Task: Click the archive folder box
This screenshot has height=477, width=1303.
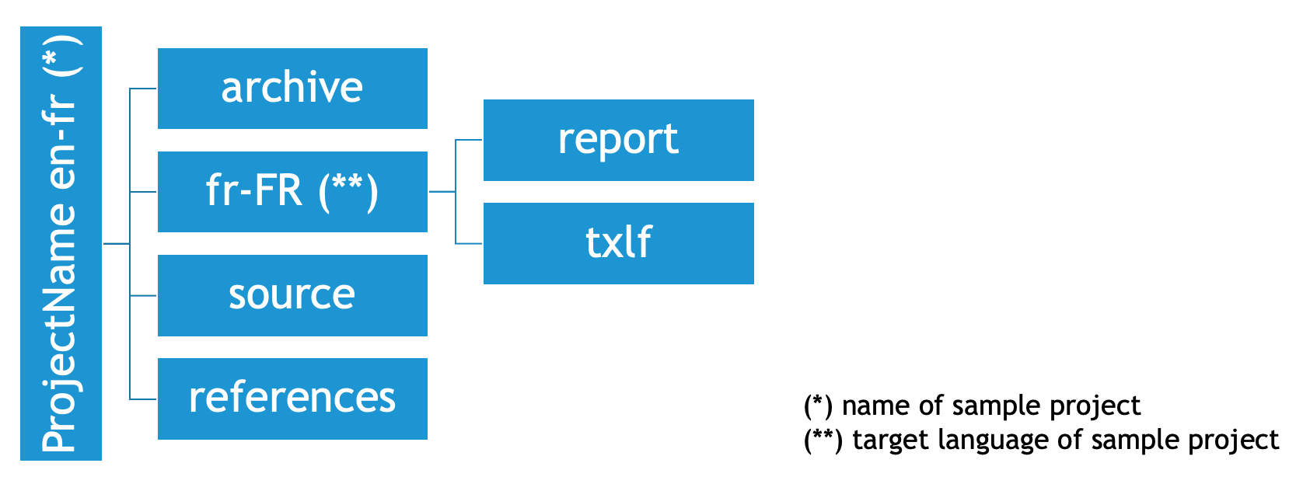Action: click(292, 89)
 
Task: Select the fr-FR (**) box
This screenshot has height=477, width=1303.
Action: click(292, 192)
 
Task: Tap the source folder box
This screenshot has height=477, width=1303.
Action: click(292, 295)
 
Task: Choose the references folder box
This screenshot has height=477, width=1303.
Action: click(292, 399)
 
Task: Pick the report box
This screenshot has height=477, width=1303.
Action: click(618, 140)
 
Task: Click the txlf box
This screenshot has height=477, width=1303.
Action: click(618, 243)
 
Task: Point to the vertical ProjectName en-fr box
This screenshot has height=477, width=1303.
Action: click(61, 243)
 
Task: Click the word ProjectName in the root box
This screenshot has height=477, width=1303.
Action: click(59, 328)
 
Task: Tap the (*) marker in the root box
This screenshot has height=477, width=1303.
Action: click(62, 56)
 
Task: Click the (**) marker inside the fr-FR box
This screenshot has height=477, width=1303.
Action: click(348, 193)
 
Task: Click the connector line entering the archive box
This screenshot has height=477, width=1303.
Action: click(143, 89)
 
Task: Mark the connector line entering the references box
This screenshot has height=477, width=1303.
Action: click(143, 399)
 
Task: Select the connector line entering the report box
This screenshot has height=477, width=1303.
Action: click(469, 140)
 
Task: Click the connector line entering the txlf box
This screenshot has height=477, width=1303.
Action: click(469, 243)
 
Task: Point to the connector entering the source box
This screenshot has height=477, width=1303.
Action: click(143, 296)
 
